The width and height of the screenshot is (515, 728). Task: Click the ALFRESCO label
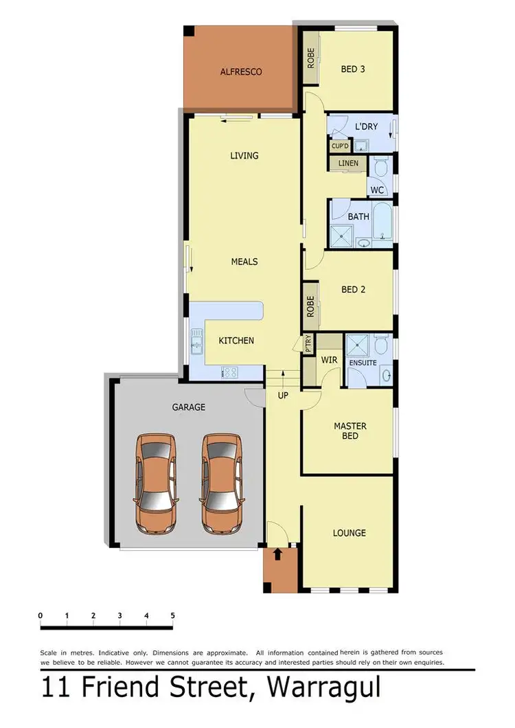click(241, 71)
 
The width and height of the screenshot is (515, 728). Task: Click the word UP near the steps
click(283, 396)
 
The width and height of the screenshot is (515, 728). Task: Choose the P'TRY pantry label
click(309, 343)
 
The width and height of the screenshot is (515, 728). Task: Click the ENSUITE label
click(363, 362)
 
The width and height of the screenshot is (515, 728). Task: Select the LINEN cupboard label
click(349, 163)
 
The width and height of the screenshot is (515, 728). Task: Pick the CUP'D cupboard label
click(340, 146)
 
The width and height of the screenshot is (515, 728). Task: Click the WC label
click(376, 190)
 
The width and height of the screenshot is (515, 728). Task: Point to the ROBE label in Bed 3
click(310, 59)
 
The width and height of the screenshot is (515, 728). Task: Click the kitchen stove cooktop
click(229, 373)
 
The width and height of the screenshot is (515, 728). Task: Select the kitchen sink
click(196, 341)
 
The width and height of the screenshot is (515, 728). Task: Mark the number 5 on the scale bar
click(172, 615)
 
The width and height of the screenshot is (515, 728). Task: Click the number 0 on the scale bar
click(41, 615)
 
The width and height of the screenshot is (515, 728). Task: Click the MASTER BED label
click(350, 431)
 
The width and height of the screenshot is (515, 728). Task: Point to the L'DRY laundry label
click(366, 127)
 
